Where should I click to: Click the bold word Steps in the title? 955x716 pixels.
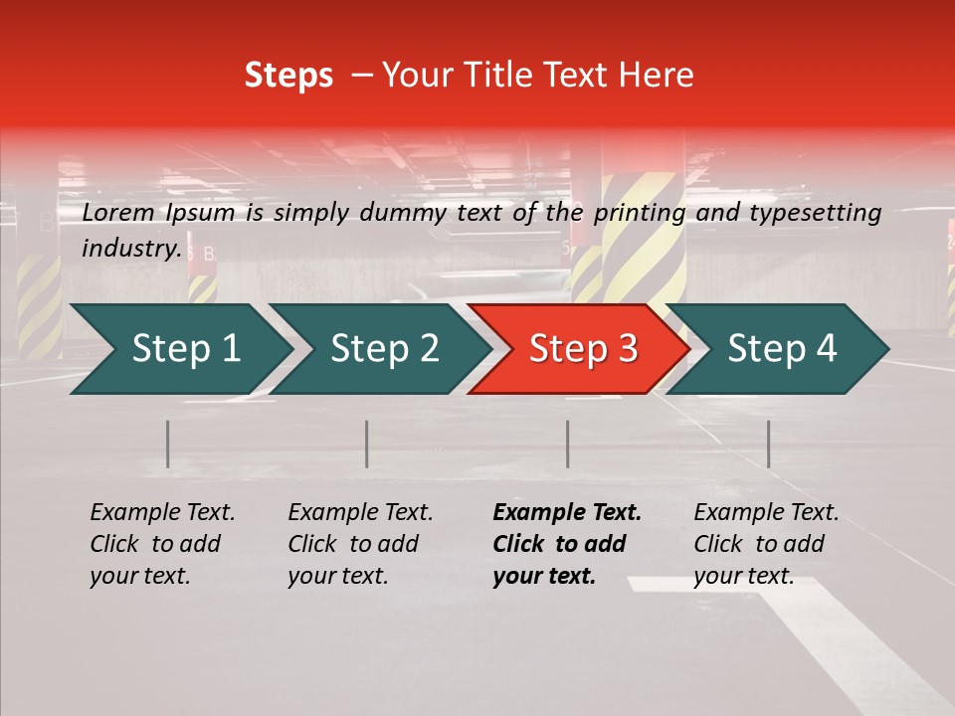coord(288,76)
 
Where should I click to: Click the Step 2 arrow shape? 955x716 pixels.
coord(384,349)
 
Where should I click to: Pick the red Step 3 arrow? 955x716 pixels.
coord(582,349)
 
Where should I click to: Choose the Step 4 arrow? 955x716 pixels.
coord(782,349)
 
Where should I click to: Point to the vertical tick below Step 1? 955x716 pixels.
coord(168,444)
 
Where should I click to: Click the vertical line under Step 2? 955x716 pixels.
coord(367,444)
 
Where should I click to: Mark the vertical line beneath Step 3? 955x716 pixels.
coord(568,444)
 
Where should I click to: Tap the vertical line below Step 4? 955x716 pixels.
coord(769,444)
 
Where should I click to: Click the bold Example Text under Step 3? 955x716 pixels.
coord(567,513)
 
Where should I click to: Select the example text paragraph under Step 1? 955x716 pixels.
coord(162,544)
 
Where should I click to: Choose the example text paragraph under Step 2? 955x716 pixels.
coord(360,544)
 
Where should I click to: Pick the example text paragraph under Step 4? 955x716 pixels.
coord(766,544)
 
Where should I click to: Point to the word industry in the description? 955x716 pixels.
coord(131,249)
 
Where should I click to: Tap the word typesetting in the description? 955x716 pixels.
coord(815,213)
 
